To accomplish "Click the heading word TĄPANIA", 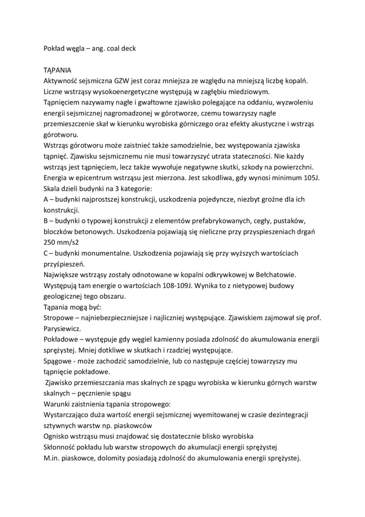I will click(57, 70).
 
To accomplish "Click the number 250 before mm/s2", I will click(50, 242).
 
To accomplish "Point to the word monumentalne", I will click(103, 253).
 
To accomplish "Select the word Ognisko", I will click(57, 436).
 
